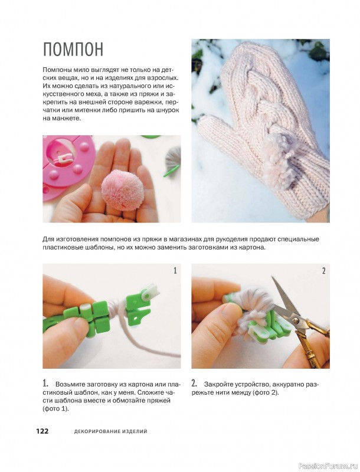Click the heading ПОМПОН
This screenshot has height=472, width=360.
[73, 49]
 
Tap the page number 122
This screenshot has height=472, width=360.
[42, 431]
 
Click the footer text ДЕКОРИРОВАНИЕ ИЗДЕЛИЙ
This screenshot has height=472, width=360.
[111, 431]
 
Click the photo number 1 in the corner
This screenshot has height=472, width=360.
[175, 271]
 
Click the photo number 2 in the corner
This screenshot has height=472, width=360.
[323, 271]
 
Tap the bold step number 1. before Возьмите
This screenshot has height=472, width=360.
[45, 383]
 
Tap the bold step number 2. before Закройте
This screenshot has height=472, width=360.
[194, 383]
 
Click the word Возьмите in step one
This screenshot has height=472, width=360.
[70, 385]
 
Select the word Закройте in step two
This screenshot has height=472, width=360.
[218, 385]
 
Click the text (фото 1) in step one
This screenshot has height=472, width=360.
[55, 409]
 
